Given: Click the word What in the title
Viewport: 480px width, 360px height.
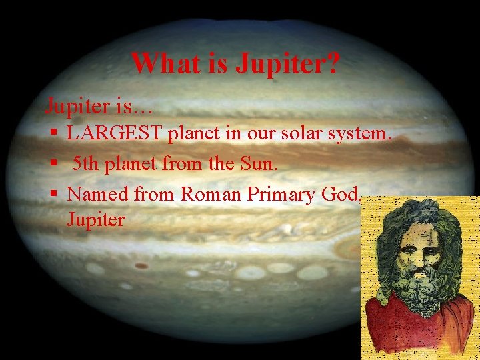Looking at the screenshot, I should click(159, 63).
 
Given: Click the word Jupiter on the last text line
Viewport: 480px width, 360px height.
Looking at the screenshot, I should click(96, 219).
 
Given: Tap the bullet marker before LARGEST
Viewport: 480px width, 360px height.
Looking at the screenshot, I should click(54, 134).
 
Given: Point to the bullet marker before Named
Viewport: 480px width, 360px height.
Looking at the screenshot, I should click(54, 194).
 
